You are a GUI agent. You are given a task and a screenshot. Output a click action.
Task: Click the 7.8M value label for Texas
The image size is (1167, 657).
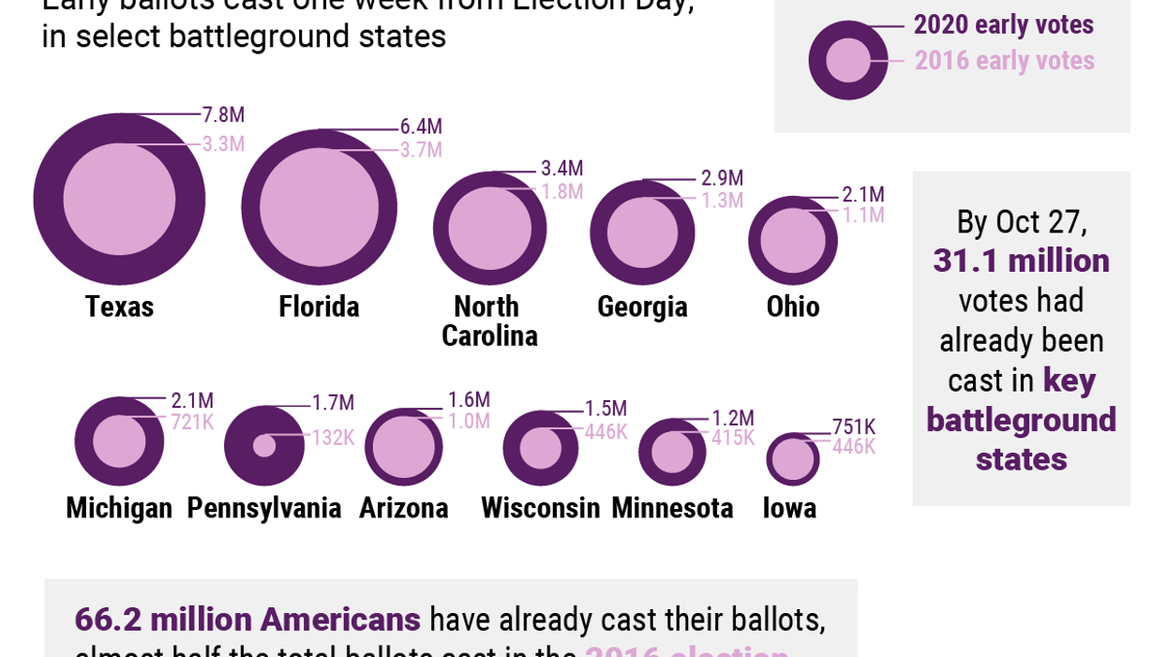(223, 115)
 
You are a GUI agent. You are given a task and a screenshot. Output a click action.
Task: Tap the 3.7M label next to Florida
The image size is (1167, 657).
(421, 150)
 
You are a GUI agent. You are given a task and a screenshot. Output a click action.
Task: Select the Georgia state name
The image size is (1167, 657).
(642, 306)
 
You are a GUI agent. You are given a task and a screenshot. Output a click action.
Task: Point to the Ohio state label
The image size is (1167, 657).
(793, 306)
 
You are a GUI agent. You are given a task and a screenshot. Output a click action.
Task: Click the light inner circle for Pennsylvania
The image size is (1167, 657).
(264, 445)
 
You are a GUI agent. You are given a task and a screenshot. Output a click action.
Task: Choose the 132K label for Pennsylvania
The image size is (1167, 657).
(333, 438)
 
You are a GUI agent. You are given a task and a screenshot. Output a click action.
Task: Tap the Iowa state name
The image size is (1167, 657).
(789, 508)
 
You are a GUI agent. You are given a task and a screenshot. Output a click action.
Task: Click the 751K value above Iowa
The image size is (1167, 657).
(853, 427)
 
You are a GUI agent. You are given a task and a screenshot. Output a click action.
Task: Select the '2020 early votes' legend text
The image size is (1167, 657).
(1003, 24)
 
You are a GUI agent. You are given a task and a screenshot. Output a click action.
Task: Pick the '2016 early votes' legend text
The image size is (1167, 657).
(1004, 61)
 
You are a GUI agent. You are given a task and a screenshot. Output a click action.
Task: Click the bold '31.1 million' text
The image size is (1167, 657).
(1021, 261)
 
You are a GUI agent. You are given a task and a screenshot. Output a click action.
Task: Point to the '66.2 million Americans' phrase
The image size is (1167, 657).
(247, 620)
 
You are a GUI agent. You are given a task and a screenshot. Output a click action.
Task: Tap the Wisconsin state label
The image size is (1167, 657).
(540, 508)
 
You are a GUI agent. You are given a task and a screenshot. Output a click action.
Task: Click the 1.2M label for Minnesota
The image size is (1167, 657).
(732, 418)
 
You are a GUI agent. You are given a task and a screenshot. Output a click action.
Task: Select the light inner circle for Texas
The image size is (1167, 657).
(119, 199)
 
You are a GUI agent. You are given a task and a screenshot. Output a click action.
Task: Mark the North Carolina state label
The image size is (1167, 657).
(488, 321)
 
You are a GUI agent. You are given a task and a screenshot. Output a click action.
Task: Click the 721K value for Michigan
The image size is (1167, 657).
(192, 423)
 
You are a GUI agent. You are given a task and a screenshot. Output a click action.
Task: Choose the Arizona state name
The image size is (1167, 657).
(403, 508)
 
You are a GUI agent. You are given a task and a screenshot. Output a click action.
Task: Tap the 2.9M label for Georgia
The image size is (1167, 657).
(722, 178)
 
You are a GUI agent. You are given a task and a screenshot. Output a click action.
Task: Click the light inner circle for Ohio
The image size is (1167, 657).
(792, 241)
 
